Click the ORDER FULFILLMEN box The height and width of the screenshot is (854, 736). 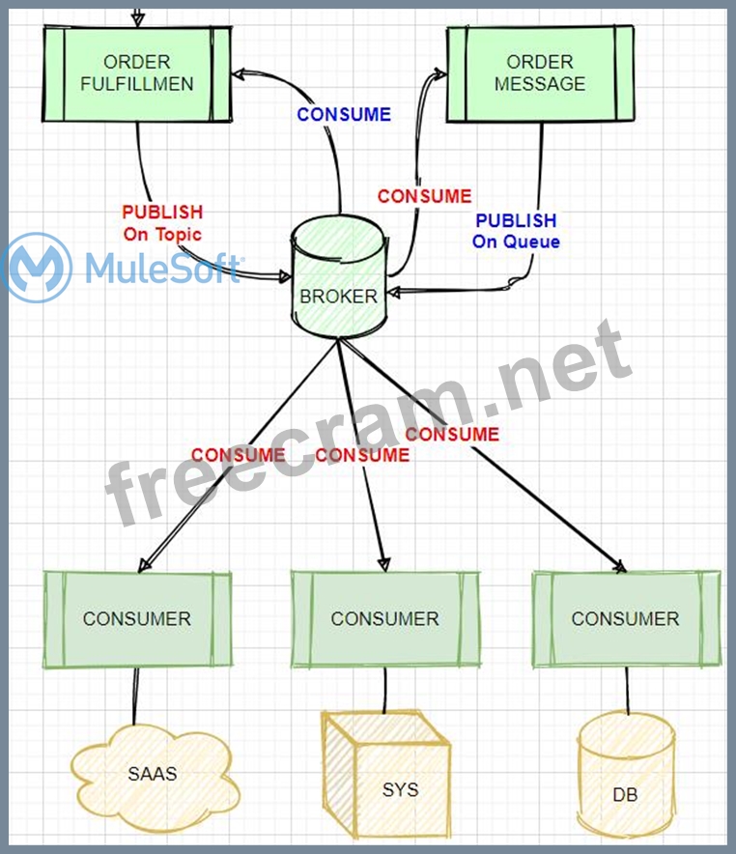[137, 73]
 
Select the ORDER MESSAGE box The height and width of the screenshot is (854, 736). [540, 73]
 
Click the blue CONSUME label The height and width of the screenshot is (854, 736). [344, 114]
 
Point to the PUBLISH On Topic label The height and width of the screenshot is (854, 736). [162, 222]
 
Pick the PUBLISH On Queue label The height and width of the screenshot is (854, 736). [516, 231]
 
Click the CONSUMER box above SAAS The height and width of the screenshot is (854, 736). [137, 619]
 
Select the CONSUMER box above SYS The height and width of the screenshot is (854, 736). [385, 619]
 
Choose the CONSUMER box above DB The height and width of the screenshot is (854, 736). [626, 619]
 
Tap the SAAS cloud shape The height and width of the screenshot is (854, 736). [153, 774]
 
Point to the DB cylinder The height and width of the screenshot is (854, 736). [625, 783]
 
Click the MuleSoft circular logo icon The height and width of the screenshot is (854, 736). [36, 267]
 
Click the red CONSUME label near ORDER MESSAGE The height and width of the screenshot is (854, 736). [424, 196]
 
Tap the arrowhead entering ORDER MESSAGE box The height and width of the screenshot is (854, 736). [440, 72]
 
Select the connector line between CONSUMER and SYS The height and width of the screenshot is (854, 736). [385, 689]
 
